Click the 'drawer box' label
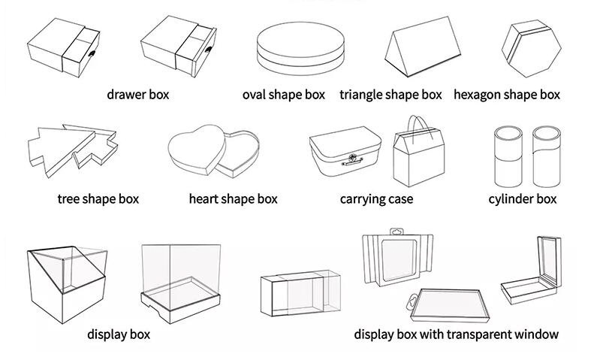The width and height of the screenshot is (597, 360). pos(138,95)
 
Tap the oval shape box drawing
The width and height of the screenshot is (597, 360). pos(300,48)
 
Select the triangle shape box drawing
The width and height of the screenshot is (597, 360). pos(422,47)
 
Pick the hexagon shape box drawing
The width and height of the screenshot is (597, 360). pos(532,48)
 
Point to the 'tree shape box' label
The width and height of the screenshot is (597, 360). pos(98,199)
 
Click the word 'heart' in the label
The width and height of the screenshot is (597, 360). pos(204,199)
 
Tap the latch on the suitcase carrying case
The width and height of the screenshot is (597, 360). pos(352,159)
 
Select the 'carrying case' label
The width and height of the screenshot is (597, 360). pos(376,199)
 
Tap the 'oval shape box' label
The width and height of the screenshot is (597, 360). pos(284,95)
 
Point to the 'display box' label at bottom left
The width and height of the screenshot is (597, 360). pos(119,334)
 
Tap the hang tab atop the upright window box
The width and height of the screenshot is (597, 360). pos(396,231)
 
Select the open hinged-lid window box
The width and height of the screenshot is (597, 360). pos(531,270)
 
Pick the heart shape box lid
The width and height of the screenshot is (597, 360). pos(197,149)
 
